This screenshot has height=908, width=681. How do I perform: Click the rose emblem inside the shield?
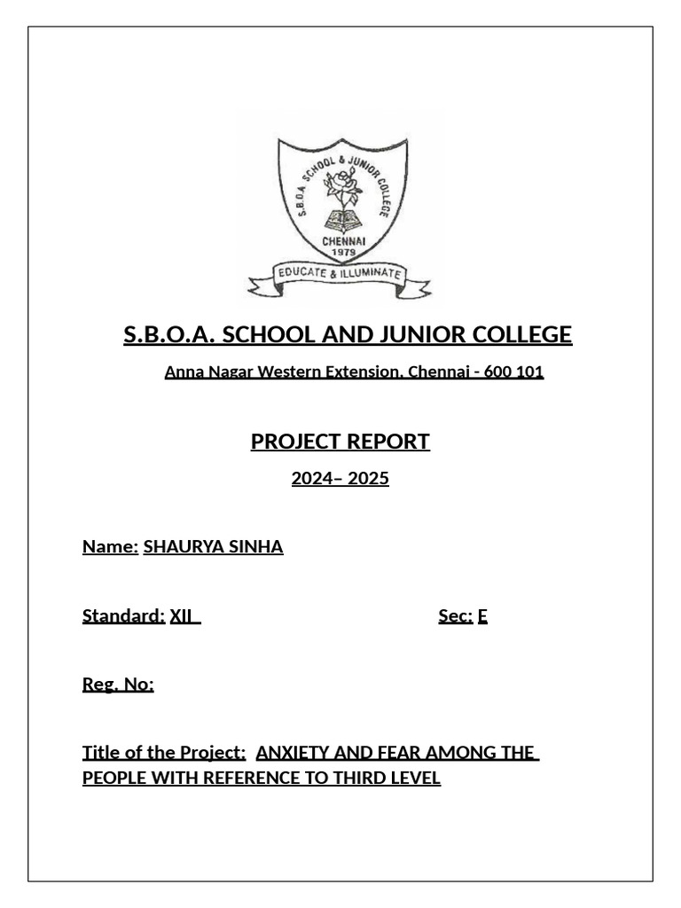tap(340, 184)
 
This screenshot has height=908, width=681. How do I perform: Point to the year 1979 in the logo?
tap(342, 252)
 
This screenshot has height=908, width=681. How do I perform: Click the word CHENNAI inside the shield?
tap(342, 240)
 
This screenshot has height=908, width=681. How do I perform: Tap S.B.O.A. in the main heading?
tap(168, 335)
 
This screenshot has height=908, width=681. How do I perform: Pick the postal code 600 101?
tap(513, 372)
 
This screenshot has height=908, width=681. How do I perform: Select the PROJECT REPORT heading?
tap(340, 442)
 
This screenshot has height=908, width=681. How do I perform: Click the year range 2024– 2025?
tap(340, 479)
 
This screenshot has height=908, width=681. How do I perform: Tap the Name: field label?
tap(110, 546)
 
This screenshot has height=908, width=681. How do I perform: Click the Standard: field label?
tap(123, 615)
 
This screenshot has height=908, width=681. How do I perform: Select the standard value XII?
tap(182, 615)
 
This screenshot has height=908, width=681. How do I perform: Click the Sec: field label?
tap(455, 615)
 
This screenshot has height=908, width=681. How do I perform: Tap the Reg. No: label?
tap(118, 684)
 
